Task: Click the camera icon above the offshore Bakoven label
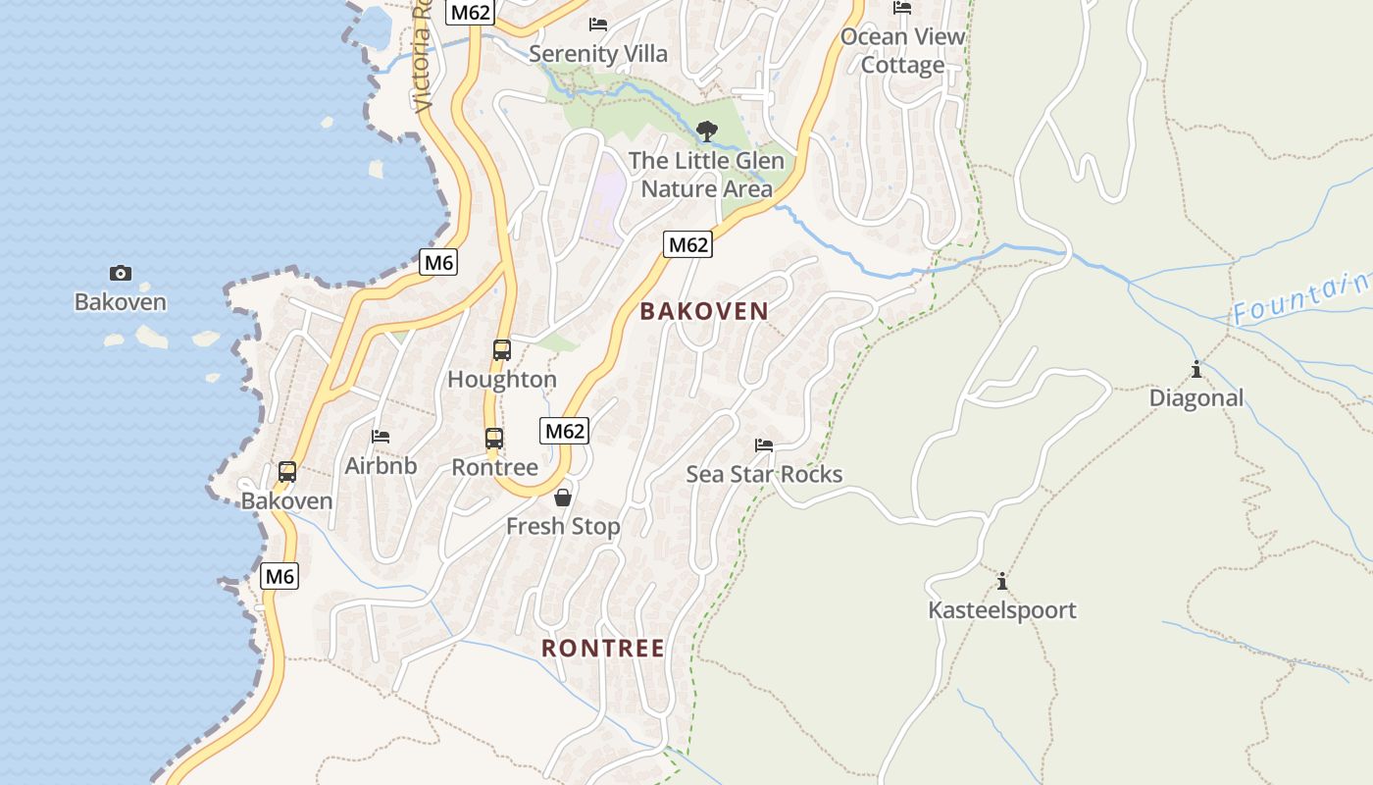[x=121, y=273]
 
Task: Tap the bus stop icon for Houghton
[x=501, y=349]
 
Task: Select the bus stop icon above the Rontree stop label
[x=494, y=439]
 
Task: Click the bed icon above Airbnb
[x=381, y=436]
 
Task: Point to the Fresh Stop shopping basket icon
[x=563, y=497]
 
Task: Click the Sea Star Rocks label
[x=764, y=474]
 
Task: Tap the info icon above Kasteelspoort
[x=1001, y=580]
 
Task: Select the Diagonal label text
[x=1195, y=397]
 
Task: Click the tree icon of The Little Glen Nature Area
[x=706, y=131]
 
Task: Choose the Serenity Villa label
[x=597, y=53]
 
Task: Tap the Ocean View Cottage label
[x=902, y=51]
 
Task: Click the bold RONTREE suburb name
[x=603, y=649]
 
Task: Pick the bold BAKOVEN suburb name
[x=704, y=312]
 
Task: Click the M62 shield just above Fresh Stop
[x=564, y=430]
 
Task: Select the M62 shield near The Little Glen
[x=686, y=244]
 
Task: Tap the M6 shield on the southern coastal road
[x=280, y=576]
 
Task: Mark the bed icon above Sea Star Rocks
[x=764, y=445]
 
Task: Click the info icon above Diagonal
[x=1195, y=369]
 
